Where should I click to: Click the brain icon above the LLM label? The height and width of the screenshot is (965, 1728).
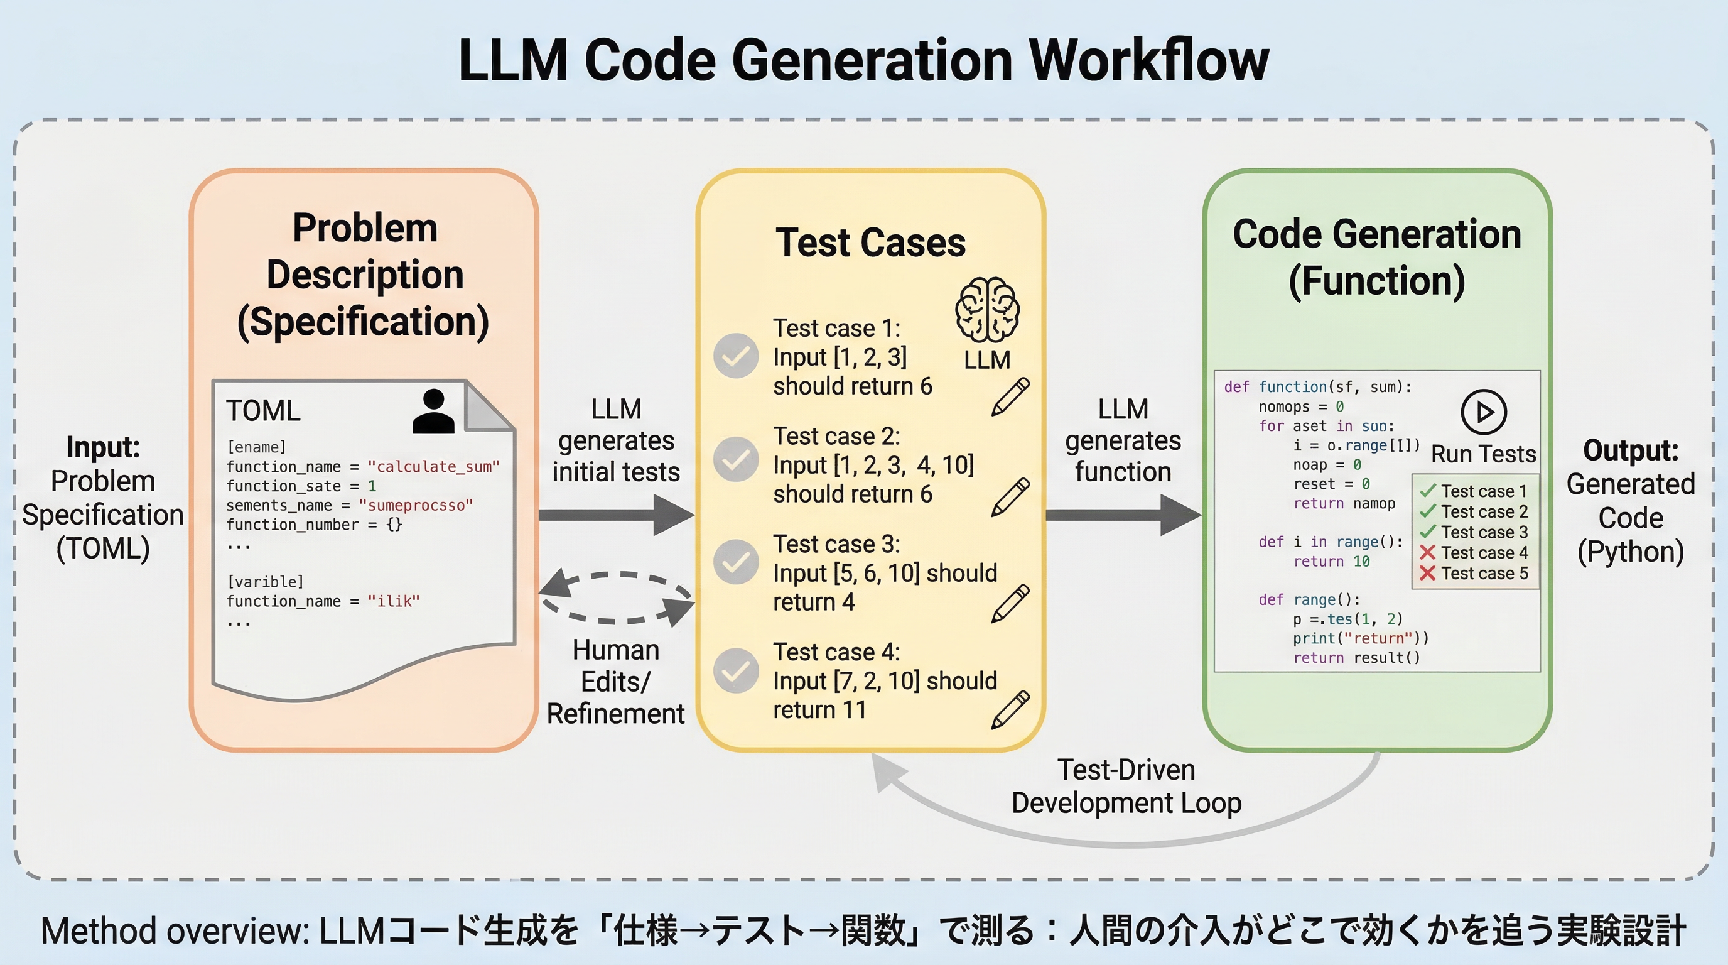click(987, 310)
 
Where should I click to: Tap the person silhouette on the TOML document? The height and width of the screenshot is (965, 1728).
click(433, 412)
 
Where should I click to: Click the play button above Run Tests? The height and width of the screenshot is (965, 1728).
click(1483, 412)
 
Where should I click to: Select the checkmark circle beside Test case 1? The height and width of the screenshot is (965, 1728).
click(736, 356)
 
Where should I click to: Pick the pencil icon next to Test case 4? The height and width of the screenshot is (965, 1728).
click(1010, 709)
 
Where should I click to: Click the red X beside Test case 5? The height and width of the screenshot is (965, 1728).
click(1427, 573)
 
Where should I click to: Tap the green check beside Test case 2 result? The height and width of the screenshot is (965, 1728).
click(1427, 511)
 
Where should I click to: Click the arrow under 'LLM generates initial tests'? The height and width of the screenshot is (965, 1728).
click(616, 515)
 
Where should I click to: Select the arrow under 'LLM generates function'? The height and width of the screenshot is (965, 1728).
click(1123, 515)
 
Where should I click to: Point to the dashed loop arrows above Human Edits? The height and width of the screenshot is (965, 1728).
click(616, 597)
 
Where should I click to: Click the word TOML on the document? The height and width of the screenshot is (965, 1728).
click(263, 411)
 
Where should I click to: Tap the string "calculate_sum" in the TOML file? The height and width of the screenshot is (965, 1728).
click(433, 466)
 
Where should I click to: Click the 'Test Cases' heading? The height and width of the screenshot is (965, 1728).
click(870, 243)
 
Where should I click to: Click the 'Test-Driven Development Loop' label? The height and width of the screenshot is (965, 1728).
click(1126, 786)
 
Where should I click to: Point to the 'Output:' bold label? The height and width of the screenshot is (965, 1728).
click(1631, 450)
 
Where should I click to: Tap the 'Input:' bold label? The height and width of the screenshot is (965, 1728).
click(102, 447)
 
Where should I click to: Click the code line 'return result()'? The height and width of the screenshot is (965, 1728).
click(1356, 658)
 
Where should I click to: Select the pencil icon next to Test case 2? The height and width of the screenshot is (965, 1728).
click(1010, 496)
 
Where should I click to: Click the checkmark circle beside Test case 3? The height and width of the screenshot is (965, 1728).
click(736, 562)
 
